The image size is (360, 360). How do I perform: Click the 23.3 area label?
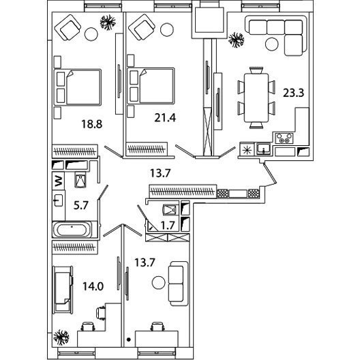pyautogui.click(x=293, y=93)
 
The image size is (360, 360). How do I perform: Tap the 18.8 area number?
pyautogui.click(x=91, y=124)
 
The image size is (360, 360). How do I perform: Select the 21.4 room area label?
pyautogui.click(x=165, y=118)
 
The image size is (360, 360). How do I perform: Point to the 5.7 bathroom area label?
pyautogui.click(x=81, y=205)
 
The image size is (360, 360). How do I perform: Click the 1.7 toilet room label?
pyautogui.click(x=168, y=226)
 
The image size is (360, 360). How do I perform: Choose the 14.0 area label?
pyautogui.click(x=93, y=286)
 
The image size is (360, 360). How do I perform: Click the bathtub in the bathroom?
pyautogui.click(x=72, y=230)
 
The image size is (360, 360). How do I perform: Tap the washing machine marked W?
pyautogui.click(x=59, y=181)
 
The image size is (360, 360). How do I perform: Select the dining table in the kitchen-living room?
pyautogui.click(x=256, y=97)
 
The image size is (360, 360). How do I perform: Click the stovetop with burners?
pyautogui.click(x=284, y=138)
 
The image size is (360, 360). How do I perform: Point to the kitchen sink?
pyautogui.click(x=263, y=149)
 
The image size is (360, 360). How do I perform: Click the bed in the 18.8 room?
pyautogui.click(x=78, y=87)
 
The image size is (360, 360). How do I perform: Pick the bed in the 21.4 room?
pyautogui.click(x=151, y=86)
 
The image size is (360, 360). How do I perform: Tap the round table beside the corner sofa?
pyautogui.click(x=272, y=44)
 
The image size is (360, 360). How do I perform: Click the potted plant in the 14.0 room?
pyautogui.click(x=61, y=337)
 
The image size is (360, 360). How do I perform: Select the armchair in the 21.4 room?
pyautogui.click(x=142, y=27)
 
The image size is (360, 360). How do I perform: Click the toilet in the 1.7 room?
pyautogui.click(x=170, y=209)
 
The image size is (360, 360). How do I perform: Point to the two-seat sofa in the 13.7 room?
pyautogui.click(x=179, y=284)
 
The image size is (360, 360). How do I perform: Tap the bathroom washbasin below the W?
pyautogui.click(x=59, y=200)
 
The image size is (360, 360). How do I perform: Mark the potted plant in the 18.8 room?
pyautogui.click(x=108, y=22)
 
